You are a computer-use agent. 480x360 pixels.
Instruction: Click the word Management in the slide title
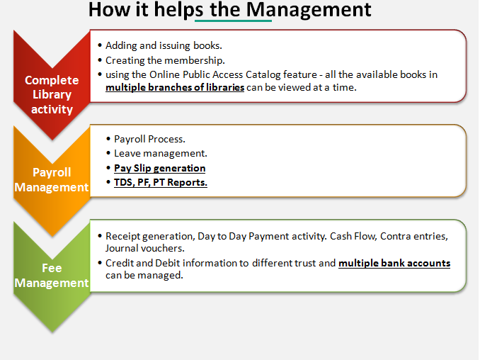pos(309,10)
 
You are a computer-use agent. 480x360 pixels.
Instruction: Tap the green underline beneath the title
pos(233,21)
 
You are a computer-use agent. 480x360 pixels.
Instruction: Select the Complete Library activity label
pos(52,95)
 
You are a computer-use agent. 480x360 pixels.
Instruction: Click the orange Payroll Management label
pos(52,179)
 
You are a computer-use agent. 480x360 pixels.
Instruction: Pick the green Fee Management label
pos(52,275)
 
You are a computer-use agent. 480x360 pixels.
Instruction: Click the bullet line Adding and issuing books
pos(164,45)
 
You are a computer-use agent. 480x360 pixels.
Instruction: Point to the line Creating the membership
pos(165,60)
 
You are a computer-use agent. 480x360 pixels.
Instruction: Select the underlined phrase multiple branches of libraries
pos(175,87)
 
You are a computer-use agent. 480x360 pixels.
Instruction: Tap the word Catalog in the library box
pos(263,74)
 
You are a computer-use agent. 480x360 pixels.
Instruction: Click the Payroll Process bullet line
pos(149,139)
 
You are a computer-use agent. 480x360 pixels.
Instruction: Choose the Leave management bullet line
pos(161,153)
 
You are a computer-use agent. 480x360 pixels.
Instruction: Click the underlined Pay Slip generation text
pos(160,168)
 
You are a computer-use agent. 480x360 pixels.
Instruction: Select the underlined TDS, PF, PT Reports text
pos(161,182)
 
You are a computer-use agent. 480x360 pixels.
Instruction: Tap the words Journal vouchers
pos(145,248)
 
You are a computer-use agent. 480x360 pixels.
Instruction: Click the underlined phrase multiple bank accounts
pos(394,263)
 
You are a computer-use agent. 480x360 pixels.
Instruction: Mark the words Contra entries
pos(414,236)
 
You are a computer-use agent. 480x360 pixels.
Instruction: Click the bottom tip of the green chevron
pos(52,333)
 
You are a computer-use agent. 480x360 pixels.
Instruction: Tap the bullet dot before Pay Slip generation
pos(108,168)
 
